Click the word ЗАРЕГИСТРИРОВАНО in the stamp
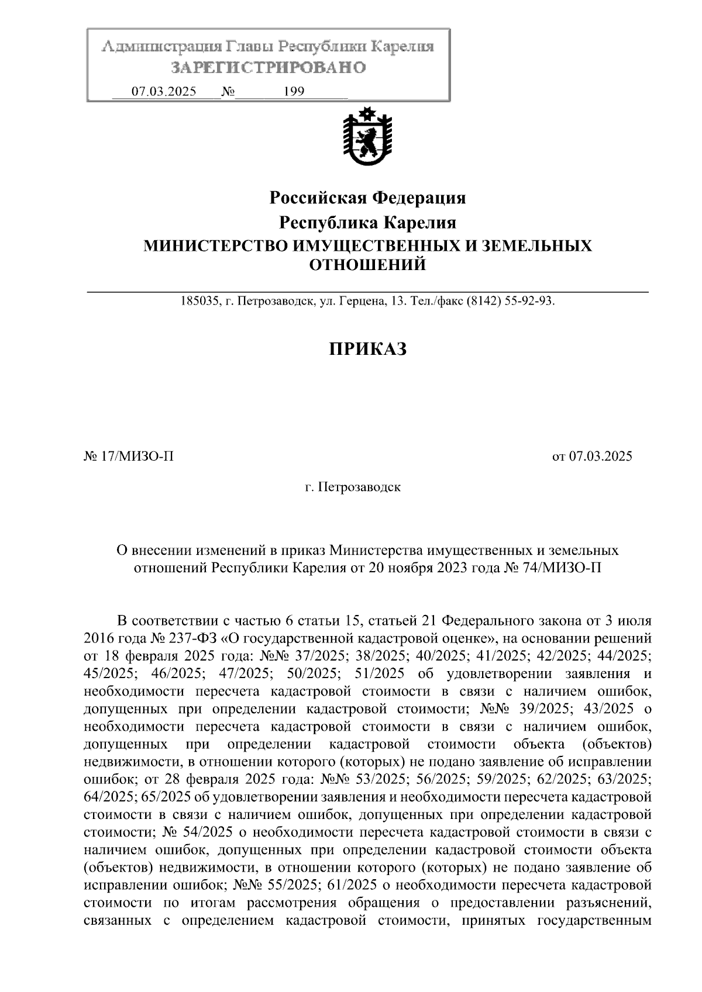coord(268,68)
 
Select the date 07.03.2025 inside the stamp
coord(164,92)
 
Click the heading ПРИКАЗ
coord(367,350)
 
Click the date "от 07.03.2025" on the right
coord(592,457)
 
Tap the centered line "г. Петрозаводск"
coord(353,487)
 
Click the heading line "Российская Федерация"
coord(367,198)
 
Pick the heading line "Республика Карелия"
coord(367,223)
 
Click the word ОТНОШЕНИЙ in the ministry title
coord(367,265)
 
